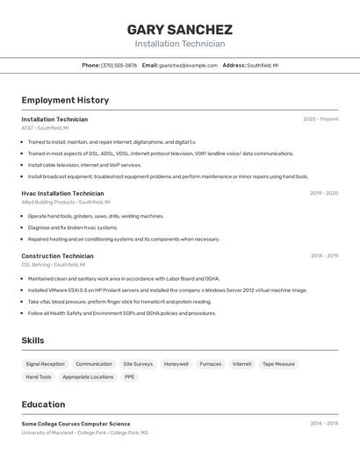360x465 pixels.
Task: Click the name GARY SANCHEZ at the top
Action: pyautogui.click(x=179, y=29)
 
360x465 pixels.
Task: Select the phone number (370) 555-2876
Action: pyautogui.click(x=119, y=65)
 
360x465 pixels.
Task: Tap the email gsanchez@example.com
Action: pyautogui.click(x=188, y=65)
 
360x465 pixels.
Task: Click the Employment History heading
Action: pyautogui.click(x=65, y=100)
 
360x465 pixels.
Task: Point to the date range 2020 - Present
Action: pyautogui.click(x=320, y=119)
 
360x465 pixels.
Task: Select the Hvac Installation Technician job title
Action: pyautogui.click(x=62, y=193)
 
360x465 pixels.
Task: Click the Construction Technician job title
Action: pyautogui.click(x=57, y=256)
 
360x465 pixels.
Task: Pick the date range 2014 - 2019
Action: pyautogui.click(x=324, y=256)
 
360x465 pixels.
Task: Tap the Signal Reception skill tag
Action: pyautogui.click(x=45, y=364)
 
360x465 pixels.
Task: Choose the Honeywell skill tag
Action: pyautogui.click(x=176, y=364)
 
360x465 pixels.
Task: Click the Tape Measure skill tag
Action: pyautogui.click(x=278, y=364)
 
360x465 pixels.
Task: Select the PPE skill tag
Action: pyautogui.click(x=129, y=377)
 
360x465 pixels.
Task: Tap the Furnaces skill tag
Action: pyautogui.click(x=210, y=364)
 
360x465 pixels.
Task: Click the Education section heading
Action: pyautogui.click(x=43, y=404)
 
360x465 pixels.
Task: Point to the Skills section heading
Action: pyautogui.click(x=32, y=340)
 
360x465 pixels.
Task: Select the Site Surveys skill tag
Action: pyautogui.click(x=138, y=364)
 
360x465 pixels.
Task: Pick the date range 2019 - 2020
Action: pyautogui.click(x=324, y=193)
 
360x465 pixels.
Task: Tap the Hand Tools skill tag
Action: pyautogui.click(x=39, y=377)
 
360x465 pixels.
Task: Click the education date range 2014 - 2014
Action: pyautogui.click(x=324, y=423)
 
